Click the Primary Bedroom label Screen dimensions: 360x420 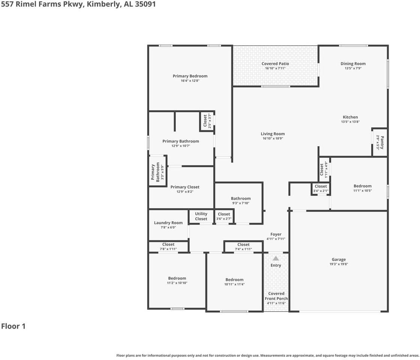tap(190, 76)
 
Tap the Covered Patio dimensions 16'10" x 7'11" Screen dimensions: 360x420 tap(275, 69)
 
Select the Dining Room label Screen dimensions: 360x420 tap(353, 64)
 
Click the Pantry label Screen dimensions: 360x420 tap(382, 142)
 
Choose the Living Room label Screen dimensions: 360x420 tap(273, 134)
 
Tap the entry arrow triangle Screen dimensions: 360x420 tap(276, 258)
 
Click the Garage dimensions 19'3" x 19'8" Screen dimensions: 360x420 tap(339, 264)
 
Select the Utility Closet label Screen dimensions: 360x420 tap(201, 216)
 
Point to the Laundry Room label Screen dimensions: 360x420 tap(168, 223)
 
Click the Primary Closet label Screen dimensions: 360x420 tap(185, 187)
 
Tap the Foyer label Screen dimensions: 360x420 tap(276, 234)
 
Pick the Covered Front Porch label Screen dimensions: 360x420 tap(276, 296)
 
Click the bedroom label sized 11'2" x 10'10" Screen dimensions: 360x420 tap(177, 278)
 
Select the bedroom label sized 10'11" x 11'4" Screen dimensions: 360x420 tap(234, 280)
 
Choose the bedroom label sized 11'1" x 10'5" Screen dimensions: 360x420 tap(363, 186)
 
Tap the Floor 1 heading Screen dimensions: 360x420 tap(13, 326)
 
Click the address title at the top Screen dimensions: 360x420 tap(78, 4)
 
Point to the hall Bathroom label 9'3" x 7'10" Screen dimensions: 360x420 tap(241, 198)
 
